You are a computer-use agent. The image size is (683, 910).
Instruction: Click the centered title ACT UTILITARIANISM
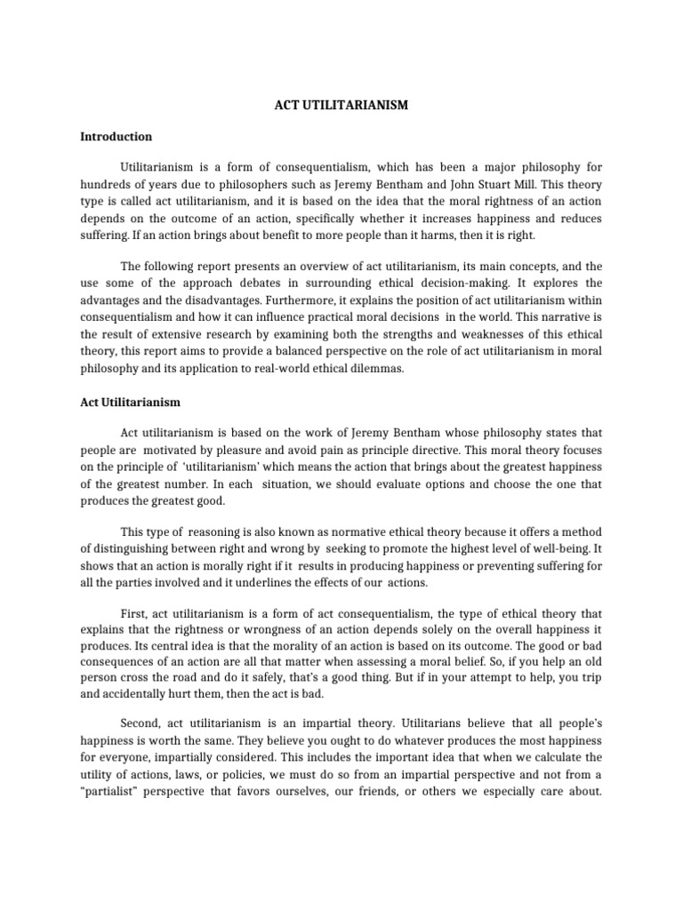341,105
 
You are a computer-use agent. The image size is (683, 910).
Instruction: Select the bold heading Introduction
116,137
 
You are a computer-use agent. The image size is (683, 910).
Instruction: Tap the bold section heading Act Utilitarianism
130,402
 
